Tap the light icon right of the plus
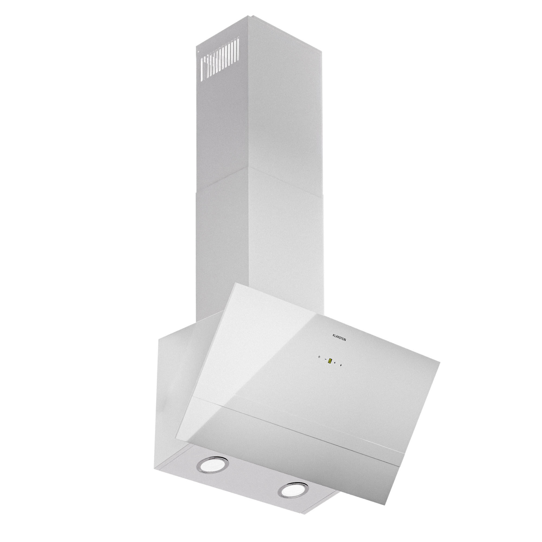click(x=341, y=365)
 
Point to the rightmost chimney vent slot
click(x=238, y=46)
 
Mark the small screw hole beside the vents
click(x=198, y=59)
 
